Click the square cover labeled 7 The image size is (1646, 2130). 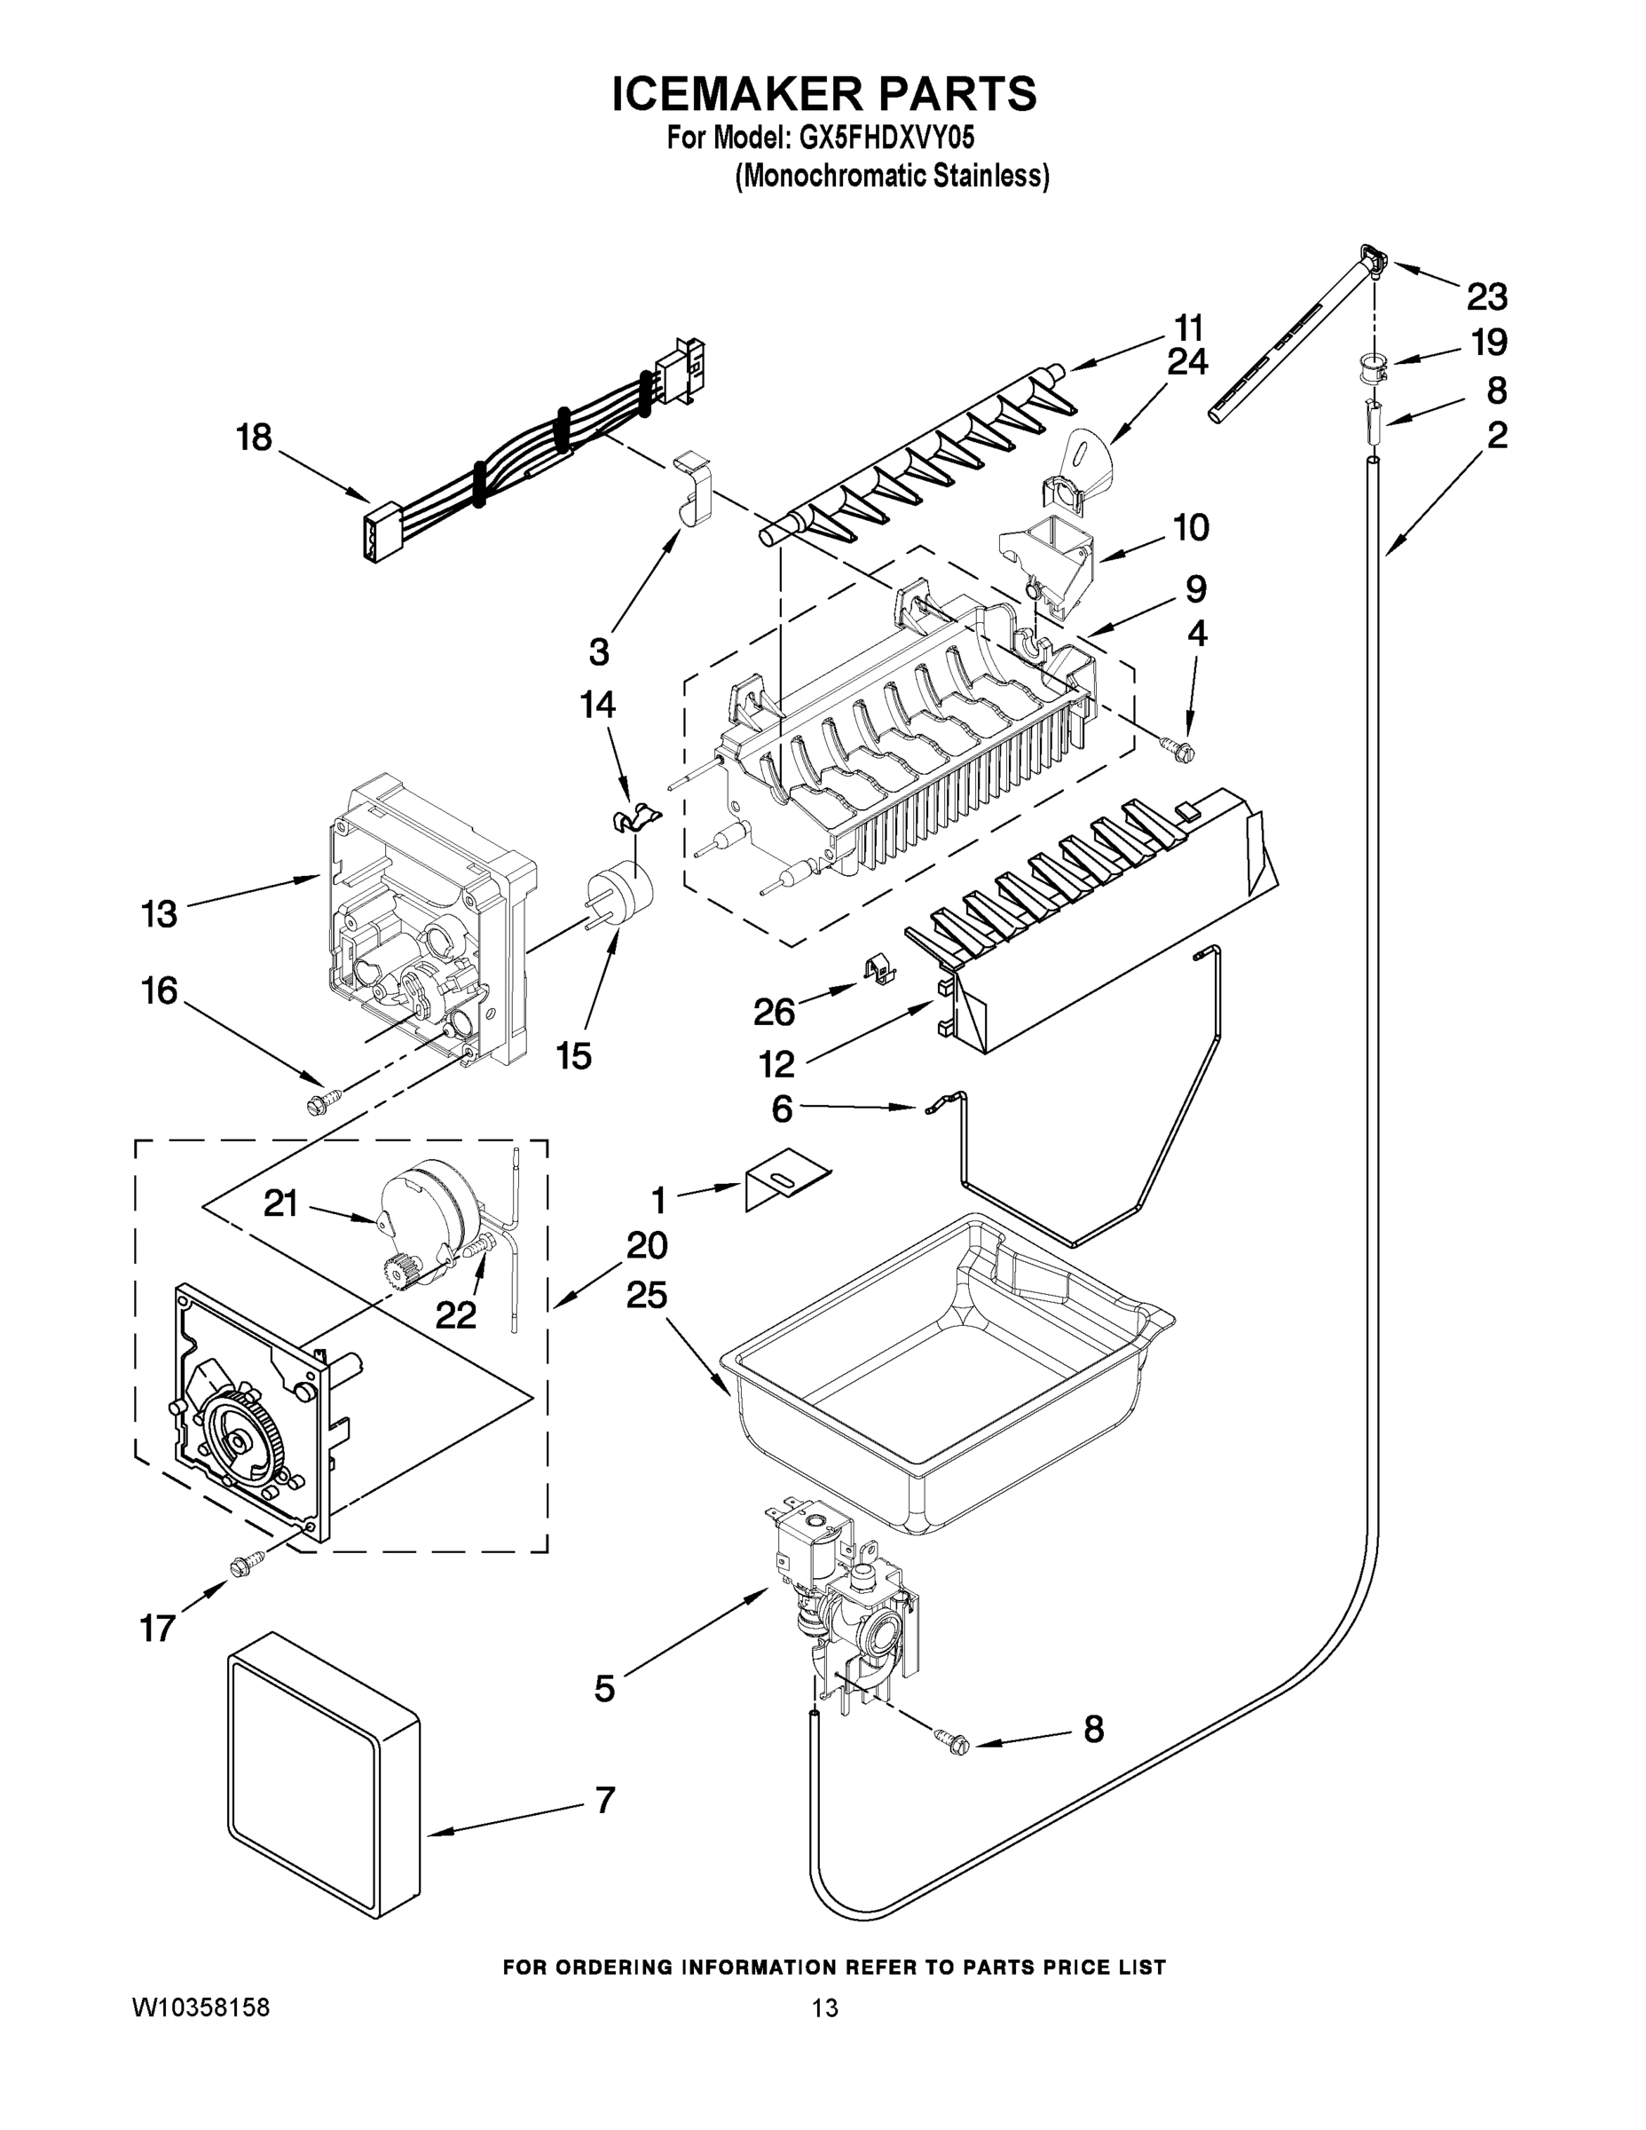(322, 1785)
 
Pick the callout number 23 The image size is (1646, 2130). (1486, 296)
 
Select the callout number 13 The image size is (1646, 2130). (159, 914)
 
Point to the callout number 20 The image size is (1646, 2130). (647, 1245)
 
